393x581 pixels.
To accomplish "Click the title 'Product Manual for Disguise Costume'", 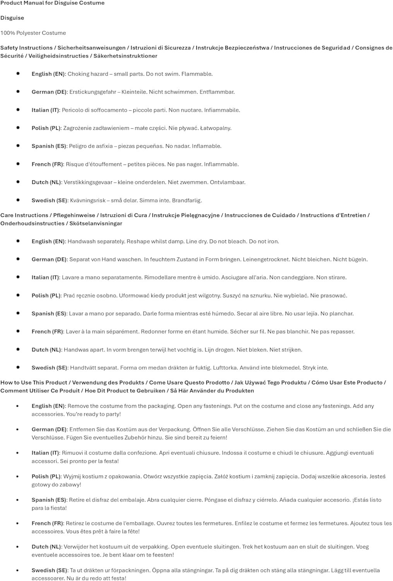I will click(x=52, y=3).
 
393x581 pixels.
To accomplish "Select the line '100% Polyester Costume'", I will click(x=33, y=33).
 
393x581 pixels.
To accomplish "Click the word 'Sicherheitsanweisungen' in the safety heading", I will click(x=91, y=48).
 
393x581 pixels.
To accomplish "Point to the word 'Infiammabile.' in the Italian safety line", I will click(x=222, y=110).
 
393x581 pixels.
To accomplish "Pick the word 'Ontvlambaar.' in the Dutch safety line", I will click(x=227, y=182).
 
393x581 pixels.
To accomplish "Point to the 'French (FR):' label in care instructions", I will click(x=48, y=332).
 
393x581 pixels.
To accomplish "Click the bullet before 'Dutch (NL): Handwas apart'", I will click(x=18, y=349).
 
